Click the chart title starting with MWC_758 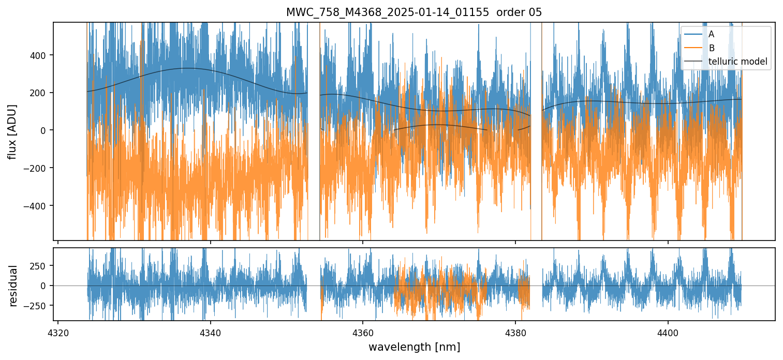[x=388, y=12]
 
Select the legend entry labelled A [x=711, y=34]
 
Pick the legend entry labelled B [x=711, y=48]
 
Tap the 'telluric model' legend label [x=737, y=62]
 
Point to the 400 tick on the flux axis [x=41, y=55]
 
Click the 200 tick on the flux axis [x=41, y=93]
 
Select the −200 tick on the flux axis [x=39, y=168]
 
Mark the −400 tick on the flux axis [x=39, y=206]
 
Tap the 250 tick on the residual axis [x=41, y=266]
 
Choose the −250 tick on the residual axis [x=39, y=305]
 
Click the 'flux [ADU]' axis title [x=12, y=131]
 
